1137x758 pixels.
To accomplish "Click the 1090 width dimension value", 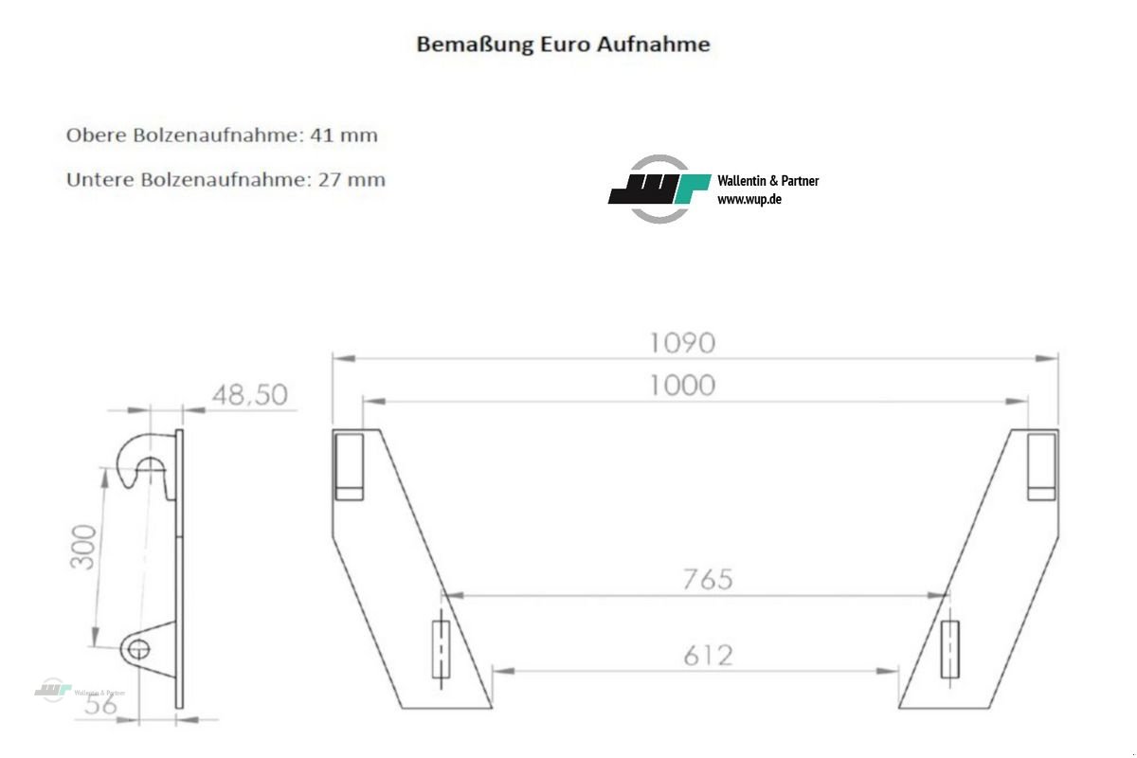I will coord(681,342).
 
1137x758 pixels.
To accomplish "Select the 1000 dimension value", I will coord(681,385).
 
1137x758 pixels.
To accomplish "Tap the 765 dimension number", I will coord(707,579).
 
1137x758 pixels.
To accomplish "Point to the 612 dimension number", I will coord(707,655).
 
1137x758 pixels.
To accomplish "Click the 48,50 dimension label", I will coord(249,394).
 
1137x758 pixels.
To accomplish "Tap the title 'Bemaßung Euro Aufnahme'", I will coord(563,45).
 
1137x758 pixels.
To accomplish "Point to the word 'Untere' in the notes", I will coord(98,180).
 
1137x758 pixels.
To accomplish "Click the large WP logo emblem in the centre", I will coord(659,189).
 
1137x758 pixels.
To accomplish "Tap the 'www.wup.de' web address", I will coord(749,200).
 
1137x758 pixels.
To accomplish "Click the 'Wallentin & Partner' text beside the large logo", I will coord(768,180).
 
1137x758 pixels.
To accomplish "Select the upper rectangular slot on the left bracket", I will coord(348,465).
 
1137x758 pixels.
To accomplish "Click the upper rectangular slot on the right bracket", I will coord(1042,465).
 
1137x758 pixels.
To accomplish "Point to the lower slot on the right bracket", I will coord(949,649).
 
